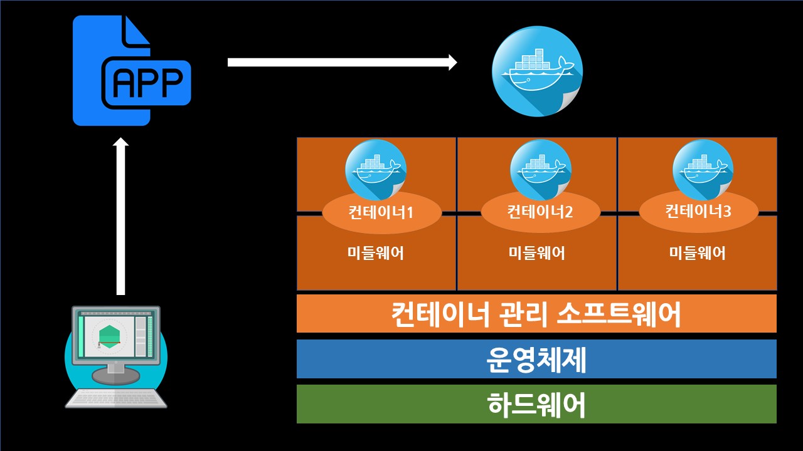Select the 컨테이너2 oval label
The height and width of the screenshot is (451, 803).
[x=540, y=212]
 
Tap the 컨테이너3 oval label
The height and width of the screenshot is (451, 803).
[x=698, y=211]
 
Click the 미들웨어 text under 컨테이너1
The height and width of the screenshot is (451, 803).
[x=375, y=253]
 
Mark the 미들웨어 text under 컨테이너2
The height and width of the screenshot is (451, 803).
[x=536, y=253]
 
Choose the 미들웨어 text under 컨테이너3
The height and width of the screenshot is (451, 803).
[x=697, y=253]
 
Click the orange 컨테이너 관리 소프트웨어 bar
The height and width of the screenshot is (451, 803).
[x=536, y=313]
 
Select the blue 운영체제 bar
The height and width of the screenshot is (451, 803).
[x=536, y=359]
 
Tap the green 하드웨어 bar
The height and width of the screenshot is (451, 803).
[x=536, y=404]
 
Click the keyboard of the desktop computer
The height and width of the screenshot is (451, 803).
[x=116, y=398]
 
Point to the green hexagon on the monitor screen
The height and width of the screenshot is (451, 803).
[x=109, y=336]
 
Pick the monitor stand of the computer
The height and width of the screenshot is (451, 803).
[x=116, y=374]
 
